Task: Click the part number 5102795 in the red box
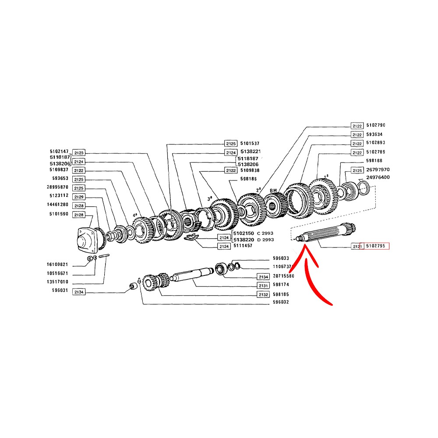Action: point(374,246)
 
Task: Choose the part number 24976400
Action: point(378,177)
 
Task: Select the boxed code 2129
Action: point(79,197)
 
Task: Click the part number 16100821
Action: point(58,265)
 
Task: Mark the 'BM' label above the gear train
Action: point(274,191)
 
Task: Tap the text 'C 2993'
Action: point(265,233)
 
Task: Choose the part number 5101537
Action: point(250,143)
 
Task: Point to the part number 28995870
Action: point(58,187)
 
